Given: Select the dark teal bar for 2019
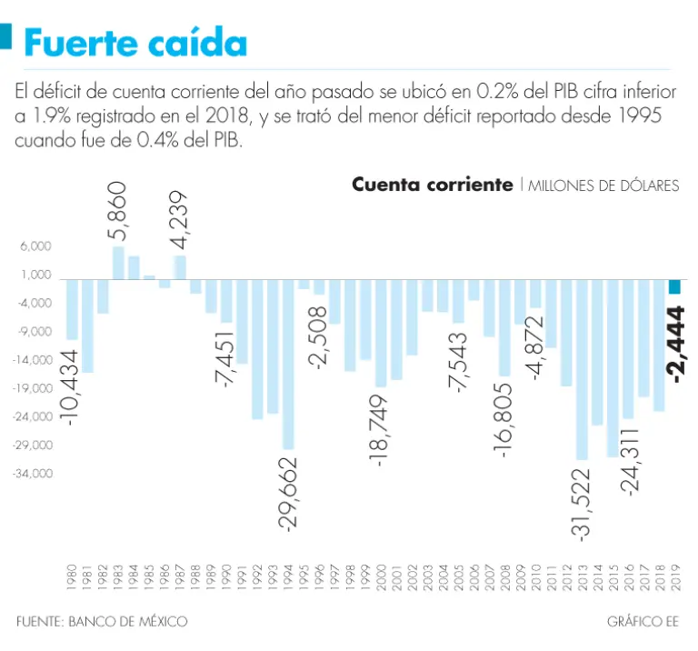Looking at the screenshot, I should click(x=674, y=286).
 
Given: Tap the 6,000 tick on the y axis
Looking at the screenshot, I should click(x=35, y=246).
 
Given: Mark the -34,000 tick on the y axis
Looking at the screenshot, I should click(x=33, y=474).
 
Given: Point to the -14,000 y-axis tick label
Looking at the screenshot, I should click(x=33, y=360).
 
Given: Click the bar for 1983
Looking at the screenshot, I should click(x=118, y=263).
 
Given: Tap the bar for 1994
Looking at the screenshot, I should click(x=288, y=364).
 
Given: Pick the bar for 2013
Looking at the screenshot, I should click(x=582, y=368).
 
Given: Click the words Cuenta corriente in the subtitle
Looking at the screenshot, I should click(x=433, y=185).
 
